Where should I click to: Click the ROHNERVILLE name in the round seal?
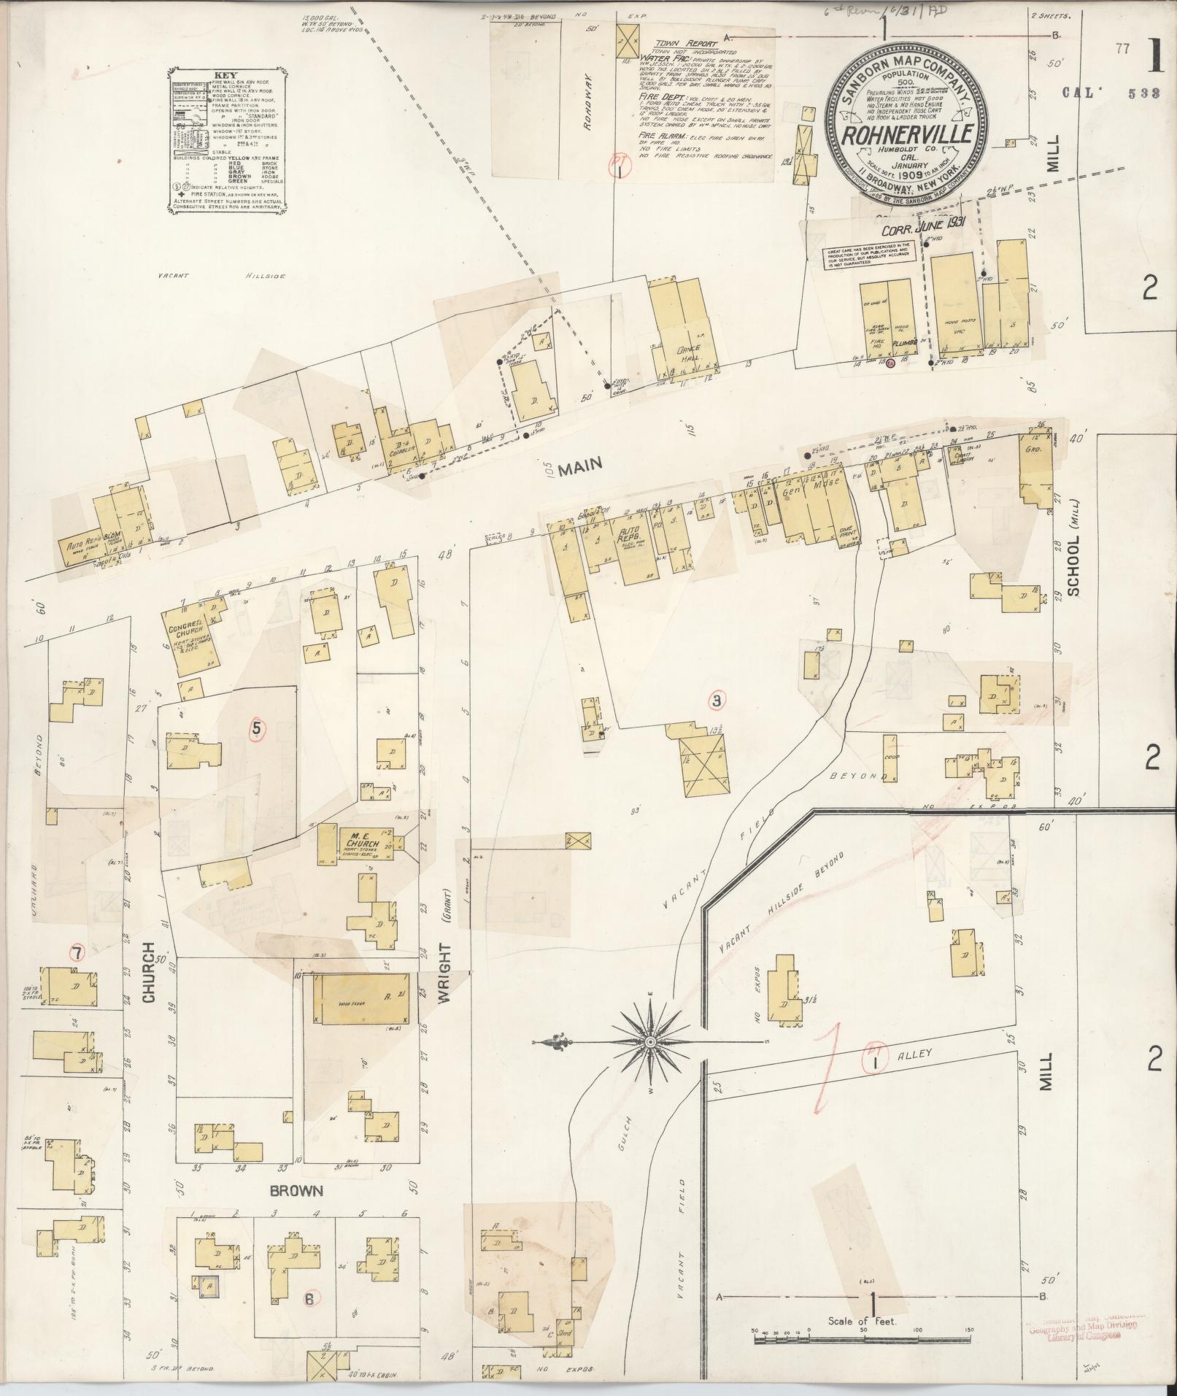click(906, 134)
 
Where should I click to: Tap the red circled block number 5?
click(256, 728)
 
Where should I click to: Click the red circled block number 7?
click(76, 952)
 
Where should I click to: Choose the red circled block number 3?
click(718, 701)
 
